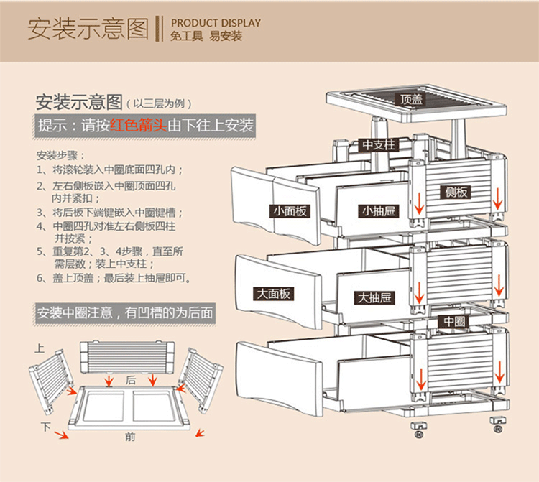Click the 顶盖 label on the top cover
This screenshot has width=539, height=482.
point(412,100)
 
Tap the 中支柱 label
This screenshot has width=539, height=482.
point(378,145)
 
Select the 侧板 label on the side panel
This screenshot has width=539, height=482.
point(456,192)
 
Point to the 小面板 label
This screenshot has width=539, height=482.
point(290,211)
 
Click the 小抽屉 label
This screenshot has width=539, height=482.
point(378,211)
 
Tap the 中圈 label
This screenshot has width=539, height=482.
point(455,321)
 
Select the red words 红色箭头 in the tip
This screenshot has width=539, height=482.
point(138,125)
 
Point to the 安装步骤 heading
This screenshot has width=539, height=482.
point(60,155)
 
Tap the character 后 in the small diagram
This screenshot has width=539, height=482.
point(130,379)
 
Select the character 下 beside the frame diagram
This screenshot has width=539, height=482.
point(46,426)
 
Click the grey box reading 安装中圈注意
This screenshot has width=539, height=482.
point(126,313)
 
